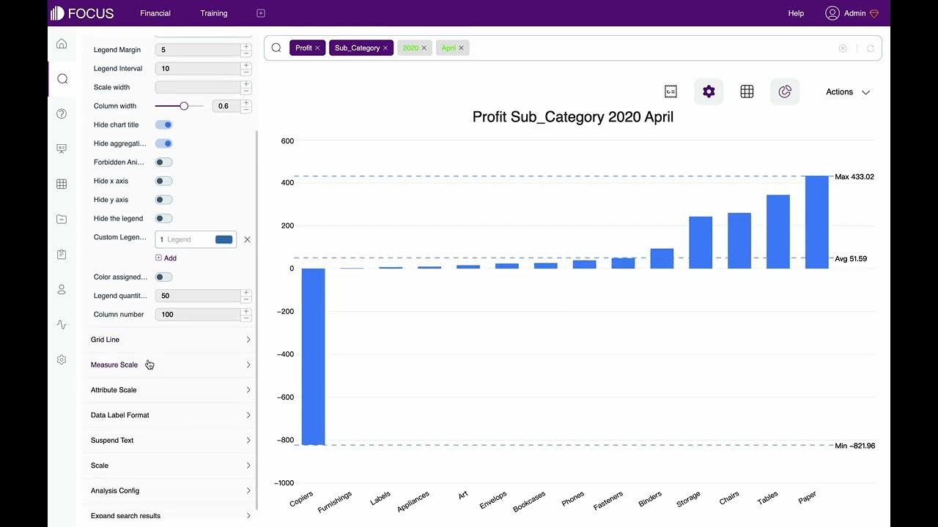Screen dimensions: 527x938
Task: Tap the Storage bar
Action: point(701,242)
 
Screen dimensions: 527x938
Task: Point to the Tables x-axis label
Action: point(767,498)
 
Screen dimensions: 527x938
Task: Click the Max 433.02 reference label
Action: point(854,177)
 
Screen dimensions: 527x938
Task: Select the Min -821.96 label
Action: point(854,446)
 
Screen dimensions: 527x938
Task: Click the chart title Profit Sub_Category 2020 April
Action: point(572,117)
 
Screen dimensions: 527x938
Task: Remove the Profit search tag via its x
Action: point(317,48)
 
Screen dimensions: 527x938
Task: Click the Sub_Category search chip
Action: point(357,48)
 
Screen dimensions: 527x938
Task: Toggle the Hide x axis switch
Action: point(163,181)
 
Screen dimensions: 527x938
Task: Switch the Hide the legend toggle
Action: point(163,218)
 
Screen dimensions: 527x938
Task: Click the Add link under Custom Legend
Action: point(166,258)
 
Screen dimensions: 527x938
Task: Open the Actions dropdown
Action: point(848,92)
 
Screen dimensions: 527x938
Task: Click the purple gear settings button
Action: point(709,91)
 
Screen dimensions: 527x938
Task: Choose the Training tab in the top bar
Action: point(214,13)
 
